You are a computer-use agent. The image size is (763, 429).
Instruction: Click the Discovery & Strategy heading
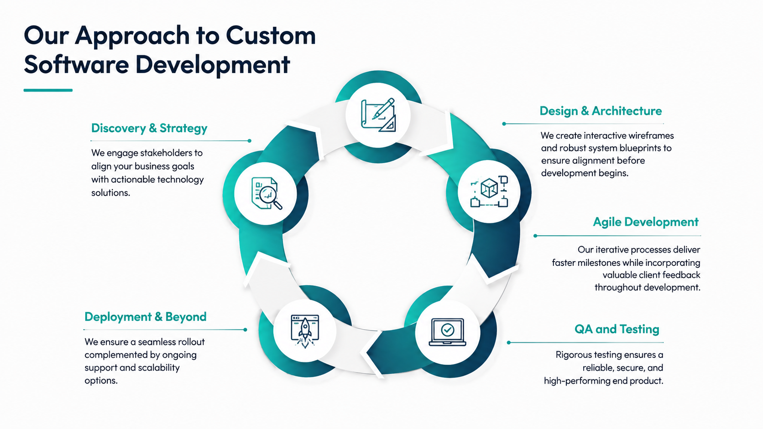[x=149, y=128]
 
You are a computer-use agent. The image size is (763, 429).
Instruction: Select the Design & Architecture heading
[x=601, y=111]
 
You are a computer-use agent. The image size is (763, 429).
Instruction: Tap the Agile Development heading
[x=645, y=222]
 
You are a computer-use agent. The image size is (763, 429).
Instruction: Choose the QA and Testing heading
[x=617, y=329]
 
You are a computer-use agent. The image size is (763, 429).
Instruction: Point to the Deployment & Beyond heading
[x=146, y=317]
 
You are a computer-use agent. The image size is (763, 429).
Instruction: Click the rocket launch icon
[x=305, y=331]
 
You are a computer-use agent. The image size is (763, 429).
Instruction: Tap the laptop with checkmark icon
[x=447, y=332]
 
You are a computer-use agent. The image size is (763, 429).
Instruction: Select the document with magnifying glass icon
[x=267, y=193]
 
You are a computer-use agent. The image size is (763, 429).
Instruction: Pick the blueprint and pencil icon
[x=378, y=115]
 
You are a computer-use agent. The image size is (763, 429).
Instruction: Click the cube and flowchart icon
[x=489, y=191]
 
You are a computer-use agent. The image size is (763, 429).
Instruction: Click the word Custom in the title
[x=271, y=36]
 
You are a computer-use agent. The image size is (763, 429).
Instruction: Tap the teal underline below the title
[x=48, y=90]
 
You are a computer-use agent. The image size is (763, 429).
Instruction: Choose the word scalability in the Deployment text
[x=159, y=368]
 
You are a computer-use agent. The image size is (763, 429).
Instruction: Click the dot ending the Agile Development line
[x=535, y=236]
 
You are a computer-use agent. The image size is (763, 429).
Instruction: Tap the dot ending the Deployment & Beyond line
[x=245, y=330]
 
